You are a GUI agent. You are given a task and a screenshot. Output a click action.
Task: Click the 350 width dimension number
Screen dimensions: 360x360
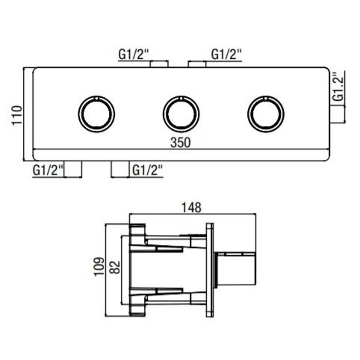click(180, 143)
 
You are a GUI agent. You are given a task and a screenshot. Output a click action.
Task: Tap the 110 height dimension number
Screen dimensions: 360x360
click(17, 115)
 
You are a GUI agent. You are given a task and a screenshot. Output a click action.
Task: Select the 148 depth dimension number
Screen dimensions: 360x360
click(191, 208)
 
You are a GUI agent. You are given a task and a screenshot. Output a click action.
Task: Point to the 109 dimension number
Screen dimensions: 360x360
click(99, 266)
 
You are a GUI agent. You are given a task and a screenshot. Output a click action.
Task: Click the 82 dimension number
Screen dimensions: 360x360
click(115, 267)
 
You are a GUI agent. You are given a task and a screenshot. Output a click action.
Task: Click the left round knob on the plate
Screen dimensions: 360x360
click(96, 114)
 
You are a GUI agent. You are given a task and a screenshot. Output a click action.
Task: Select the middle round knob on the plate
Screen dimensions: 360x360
click(181, 114)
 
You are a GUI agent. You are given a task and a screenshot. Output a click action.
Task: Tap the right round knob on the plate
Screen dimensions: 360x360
click(266, 114)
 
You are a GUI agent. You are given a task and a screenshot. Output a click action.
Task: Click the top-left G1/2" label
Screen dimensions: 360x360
click(134, 55)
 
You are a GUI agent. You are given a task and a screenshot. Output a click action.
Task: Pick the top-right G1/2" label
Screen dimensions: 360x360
click(226, 55)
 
